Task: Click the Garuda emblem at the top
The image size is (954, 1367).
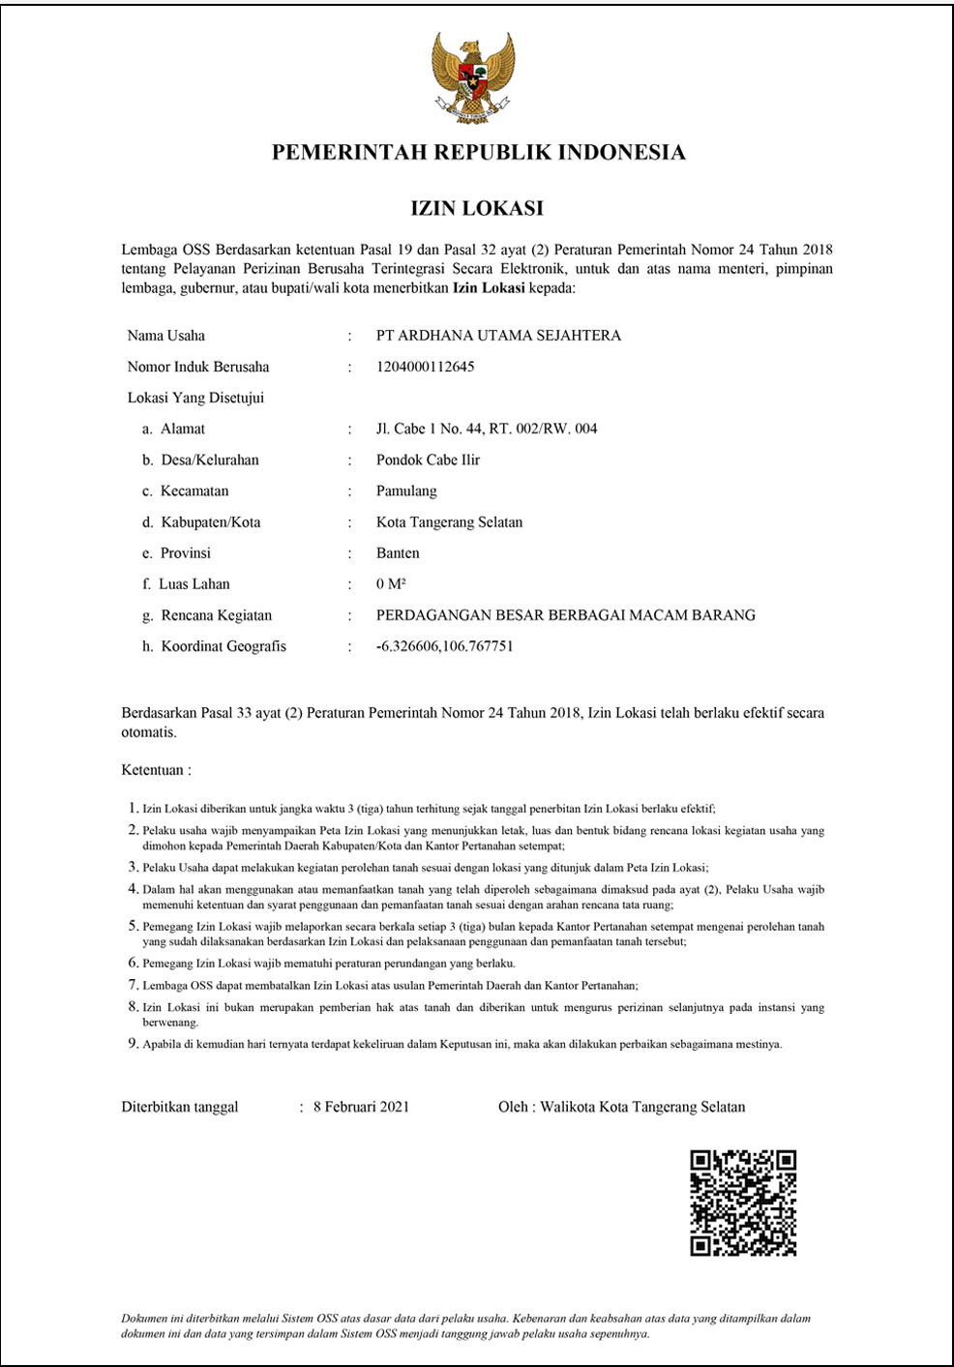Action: point(473,77)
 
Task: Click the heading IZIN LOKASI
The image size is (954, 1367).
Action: point(477,208)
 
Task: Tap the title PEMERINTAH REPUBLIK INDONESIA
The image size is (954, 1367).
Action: point(478,152)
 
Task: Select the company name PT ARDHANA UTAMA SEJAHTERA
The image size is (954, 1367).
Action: point(498,336)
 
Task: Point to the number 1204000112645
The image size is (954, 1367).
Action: point(425,367)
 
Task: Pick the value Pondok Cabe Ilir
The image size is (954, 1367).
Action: point(428,460)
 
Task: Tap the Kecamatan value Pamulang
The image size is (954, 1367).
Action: point(406,490)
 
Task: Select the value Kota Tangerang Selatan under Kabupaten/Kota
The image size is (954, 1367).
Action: point(449,522)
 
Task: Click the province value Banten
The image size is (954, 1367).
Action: point(398,553)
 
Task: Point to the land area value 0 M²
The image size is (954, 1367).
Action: point(391,584)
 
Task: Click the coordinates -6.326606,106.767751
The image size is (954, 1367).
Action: point(444,646)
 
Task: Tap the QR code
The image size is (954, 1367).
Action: point(743,1204)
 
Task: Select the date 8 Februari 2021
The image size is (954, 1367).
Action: point(361,1107)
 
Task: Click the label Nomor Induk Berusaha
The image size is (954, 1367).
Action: point(198,367)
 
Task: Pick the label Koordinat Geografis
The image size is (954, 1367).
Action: point(224,646)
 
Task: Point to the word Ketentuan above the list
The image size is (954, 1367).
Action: point(153,770)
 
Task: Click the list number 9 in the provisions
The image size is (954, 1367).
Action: point(134,1044)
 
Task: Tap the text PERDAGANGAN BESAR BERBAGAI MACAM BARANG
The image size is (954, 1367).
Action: point(566,615)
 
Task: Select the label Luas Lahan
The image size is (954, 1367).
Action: point(194,584)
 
